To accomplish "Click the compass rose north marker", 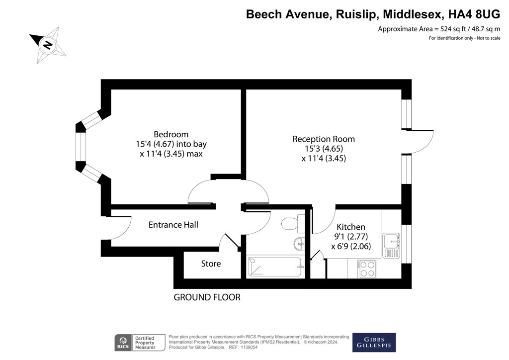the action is pos(48,44).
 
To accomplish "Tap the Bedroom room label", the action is pos(171,134).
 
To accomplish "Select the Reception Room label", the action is pos(324,139).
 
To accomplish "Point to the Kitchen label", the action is pos(351,227).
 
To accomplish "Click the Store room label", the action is pos(211,264).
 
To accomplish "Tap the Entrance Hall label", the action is pos(173,225).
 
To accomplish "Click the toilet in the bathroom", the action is pos(293,223).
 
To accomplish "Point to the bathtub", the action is pos(275,267).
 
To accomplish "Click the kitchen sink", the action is pos(392,246).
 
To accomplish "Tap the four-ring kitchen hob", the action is pos(367,269).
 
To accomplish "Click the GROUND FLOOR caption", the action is pos(207,297).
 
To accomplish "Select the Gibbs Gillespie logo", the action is pos(374,343).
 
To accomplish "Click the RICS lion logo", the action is pos(123,343).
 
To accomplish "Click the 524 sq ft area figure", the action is pos(453,29).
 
